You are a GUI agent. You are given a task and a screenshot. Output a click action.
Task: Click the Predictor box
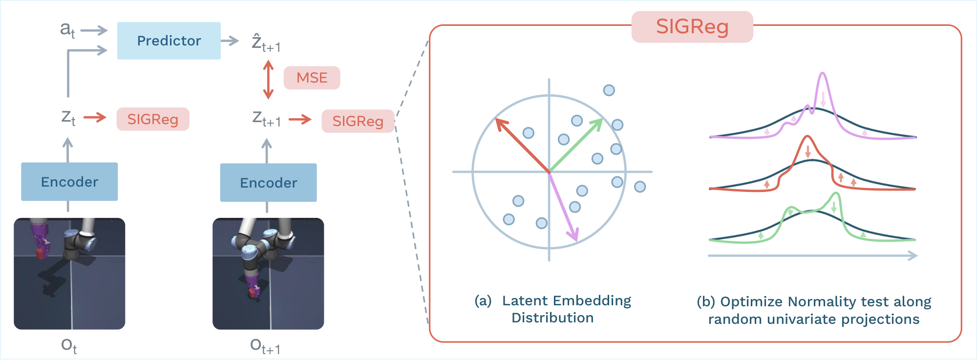point(169,41)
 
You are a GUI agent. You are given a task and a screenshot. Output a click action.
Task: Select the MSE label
point(312,78)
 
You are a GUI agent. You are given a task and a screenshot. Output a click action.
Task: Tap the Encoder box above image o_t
point(69,182)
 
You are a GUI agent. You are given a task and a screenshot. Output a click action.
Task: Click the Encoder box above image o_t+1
point(268,183)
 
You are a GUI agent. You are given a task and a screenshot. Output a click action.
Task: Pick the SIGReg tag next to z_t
point(152,119)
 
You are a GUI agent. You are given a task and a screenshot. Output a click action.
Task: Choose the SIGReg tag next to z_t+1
point(358,121)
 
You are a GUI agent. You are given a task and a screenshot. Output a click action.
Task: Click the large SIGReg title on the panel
point(692,27)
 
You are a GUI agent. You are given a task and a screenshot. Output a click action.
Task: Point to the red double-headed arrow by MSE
point(268,79)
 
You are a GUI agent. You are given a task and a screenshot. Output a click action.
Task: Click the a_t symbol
point(67,30)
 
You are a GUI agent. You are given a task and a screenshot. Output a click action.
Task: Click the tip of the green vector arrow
point(601,120)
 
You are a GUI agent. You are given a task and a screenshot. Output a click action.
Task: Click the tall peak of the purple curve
point(823,74)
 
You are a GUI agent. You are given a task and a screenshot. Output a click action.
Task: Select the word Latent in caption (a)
point(526,300)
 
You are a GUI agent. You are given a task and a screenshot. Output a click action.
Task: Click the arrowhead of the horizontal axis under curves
point(913,255)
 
